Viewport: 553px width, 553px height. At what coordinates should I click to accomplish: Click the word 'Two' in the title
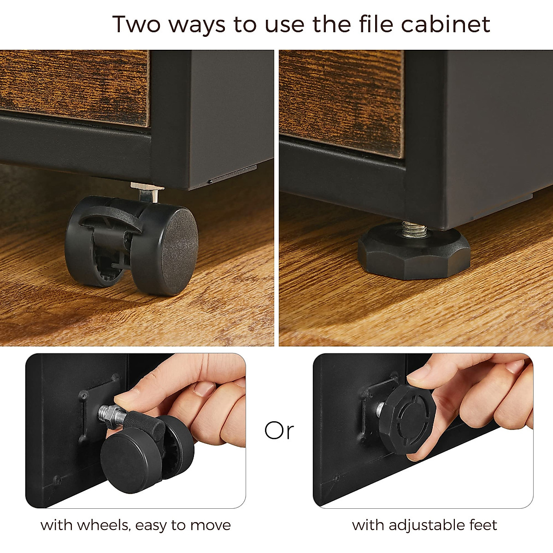click(137, 24)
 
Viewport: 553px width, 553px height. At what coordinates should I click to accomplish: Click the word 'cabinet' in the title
click(445, 24)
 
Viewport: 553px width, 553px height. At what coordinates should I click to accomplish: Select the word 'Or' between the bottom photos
click(279, 430)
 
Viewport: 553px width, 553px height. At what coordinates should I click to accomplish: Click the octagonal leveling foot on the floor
click(413, 251)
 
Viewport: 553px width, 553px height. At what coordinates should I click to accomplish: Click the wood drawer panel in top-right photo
click(341, 101)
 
